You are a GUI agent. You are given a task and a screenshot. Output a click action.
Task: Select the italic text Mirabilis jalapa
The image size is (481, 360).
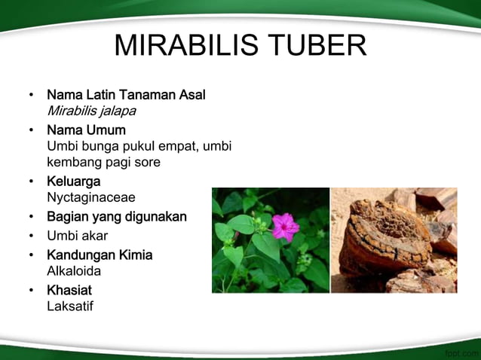91,111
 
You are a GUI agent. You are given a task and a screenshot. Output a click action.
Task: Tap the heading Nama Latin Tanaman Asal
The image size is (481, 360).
126,95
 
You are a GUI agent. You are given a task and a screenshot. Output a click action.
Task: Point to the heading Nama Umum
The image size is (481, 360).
86,130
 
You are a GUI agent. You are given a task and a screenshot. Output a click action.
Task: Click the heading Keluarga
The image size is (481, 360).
74,182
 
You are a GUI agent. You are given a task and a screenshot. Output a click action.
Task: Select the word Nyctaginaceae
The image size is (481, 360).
91,198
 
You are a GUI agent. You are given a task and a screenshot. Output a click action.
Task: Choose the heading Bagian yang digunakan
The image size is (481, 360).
117,217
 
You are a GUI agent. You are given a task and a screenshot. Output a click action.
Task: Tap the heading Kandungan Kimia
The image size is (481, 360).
100,255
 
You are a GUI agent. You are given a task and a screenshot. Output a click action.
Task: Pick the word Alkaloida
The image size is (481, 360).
74,271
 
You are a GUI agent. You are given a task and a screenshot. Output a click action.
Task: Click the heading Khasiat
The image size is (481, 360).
69,290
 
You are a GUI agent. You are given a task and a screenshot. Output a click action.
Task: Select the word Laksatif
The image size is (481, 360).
70,307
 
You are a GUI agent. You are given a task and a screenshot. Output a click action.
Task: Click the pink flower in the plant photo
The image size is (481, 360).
285,226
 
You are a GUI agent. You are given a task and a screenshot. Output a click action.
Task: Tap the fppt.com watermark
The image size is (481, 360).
461,352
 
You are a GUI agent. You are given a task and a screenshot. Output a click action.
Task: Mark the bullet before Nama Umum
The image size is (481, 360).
31,130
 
